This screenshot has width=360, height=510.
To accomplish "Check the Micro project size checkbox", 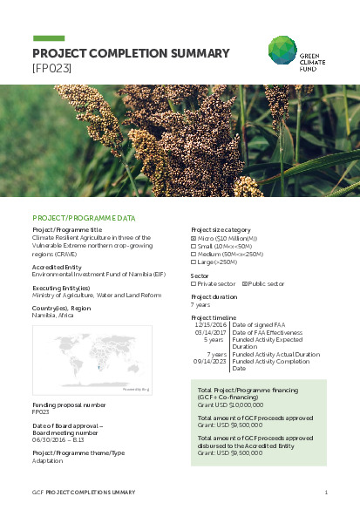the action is coord(194,237).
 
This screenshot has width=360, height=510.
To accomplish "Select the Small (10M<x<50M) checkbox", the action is coord(194,245).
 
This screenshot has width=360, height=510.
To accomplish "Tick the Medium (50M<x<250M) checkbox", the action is coord(194,253).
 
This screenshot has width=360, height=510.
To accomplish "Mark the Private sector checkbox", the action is coord(194,283).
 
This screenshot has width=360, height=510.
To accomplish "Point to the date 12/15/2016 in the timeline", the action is coord(212,325).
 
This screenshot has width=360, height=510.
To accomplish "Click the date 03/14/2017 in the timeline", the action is coord(212,332).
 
